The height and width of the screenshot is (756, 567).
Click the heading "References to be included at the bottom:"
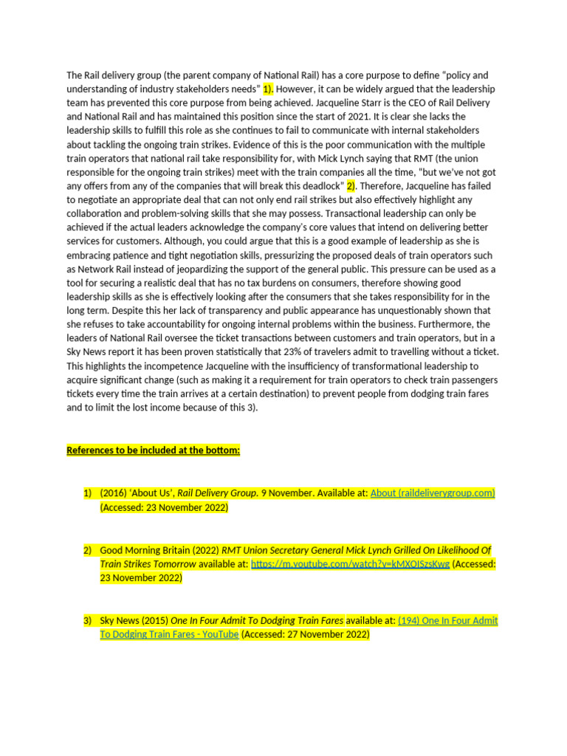point(154,450)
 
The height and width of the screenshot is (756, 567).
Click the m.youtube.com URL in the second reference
point(350,564)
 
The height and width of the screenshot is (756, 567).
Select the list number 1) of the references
point(87,493)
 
